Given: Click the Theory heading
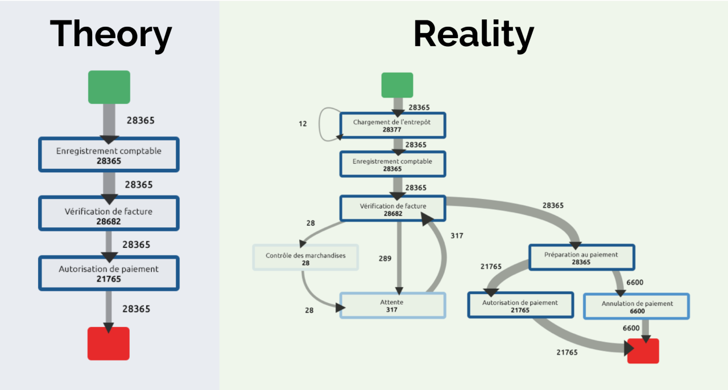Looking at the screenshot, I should click(x=110, y=34).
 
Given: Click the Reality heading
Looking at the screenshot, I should click(x=473, y=34).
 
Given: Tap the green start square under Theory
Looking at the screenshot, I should click(x=109, y=87).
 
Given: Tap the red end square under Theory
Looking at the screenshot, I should click(x=109, y=343).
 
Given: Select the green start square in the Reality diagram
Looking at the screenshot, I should click(x=397, y=85).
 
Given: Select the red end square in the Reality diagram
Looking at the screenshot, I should click(x=643, y=351).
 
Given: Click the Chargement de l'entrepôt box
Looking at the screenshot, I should click(x=392, y=126).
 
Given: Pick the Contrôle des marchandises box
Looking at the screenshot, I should click(x=305, y=258).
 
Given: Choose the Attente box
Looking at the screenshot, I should click(x=392, y=305).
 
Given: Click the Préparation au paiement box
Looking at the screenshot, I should click(x=581, y=258).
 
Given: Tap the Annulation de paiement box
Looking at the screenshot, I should click(x=636, y=306).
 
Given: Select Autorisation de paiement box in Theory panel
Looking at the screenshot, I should click(x=109, y=273).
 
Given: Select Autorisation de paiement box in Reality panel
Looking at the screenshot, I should click(x=520, y=305).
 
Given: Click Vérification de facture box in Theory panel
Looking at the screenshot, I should click(x=109, y=214).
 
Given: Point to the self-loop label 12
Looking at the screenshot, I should click(x=303, y=123).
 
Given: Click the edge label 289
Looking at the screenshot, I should click(x=385, y=259).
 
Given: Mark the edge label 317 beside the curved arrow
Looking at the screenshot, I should click(x=457, y=235).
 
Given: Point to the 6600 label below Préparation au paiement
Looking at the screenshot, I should click(x=635, y=283).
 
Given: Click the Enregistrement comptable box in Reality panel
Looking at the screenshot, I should click(x=392, y=164).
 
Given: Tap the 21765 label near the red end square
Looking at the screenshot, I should click(x=567, y=352).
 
